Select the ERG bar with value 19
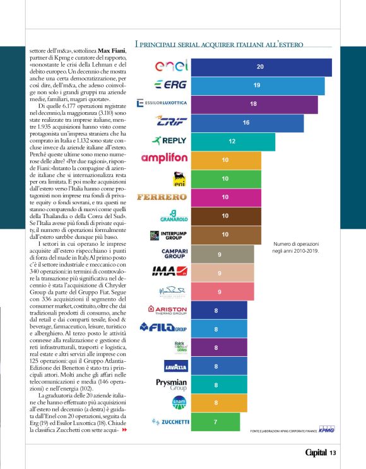tap(259, 85)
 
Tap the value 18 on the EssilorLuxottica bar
tap(253, 103)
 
